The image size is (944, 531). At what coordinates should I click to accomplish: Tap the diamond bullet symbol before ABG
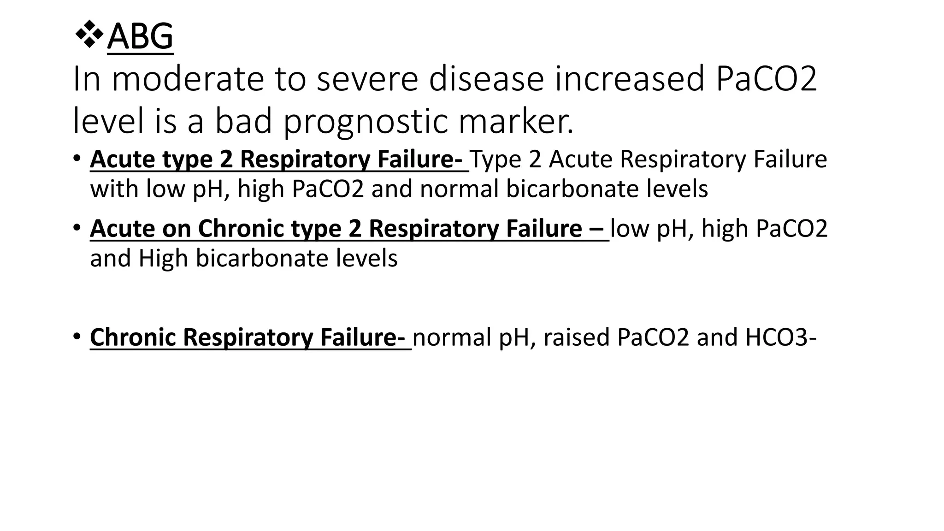coord(88,35)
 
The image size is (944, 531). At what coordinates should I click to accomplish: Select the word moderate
coord(188,79)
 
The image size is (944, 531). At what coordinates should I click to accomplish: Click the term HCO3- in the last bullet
coord(780,337)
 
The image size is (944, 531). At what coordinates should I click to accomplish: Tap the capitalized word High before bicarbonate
coord(163,258)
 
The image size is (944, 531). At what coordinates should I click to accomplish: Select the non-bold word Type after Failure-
coord(495,159)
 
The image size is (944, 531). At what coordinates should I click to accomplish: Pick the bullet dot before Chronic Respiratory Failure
coord(77,336)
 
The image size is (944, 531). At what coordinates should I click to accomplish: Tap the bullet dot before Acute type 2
coord(77,158)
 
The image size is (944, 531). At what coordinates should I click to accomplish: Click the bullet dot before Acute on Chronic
coord(77,227)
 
